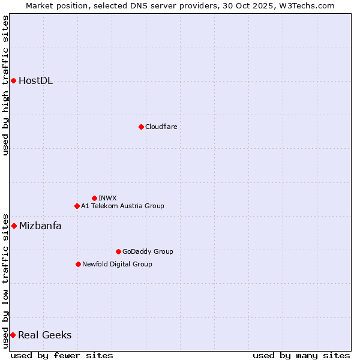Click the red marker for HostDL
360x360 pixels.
[x=13, y=80]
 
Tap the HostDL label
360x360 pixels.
[x=35, y=81]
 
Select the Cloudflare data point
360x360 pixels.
[x=141, y=127]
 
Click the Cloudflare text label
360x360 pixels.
[x=161, y=127]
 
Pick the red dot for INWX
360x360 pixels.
[x=94, y=198]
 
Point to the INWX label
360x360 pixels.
[x=107, y=199]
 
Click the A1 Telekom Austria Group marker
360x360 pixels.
[x=77, y=206]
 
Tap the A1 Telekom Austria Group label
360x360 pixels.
[x=122, y=206]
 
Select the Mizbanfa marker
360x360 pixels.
[x=14, y=226]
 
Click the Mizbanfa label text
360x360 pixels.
[x=40, y=226]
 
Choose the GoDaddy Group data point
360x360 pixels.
[x=118, y=251]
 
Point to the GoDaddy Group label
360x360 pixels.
[x=148, y=252]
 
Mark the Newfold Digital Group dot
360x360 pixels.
[x=78, y=264]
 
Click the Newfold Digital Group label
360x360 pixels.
[x=117, y=265]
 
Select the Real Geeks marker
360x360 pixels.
[x=13, y=335]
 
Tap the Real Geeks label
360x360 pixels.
[x=44, y=335]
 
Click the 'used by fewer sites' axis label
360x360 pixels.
[x=62, y=355]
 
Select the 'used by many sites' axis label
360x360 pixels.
[x=301, y=355]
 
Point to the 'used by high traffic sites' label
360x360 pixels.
[x=5, y=85]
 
